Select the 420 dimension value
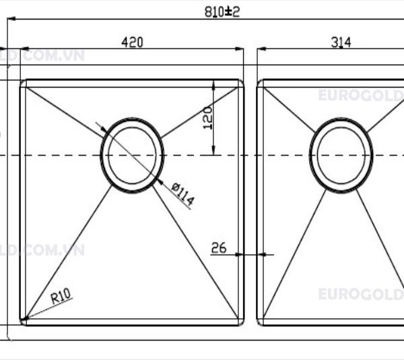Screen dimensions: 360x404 (132, 42)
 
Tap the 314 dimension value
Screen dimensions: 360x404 (341, 42)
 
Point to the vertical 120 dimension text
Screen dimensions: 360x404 (207, 117)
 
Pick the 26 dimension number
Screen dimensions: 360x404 (219, 248)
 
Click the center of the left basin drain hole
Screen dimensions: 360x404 (132, 155)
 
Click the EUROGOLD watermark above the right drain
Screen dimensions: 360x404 (360, 96)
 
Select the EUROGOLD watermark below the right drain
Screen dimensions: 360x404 (360, 294)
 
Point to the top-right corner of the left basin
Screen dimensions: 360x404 (241, 82)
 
